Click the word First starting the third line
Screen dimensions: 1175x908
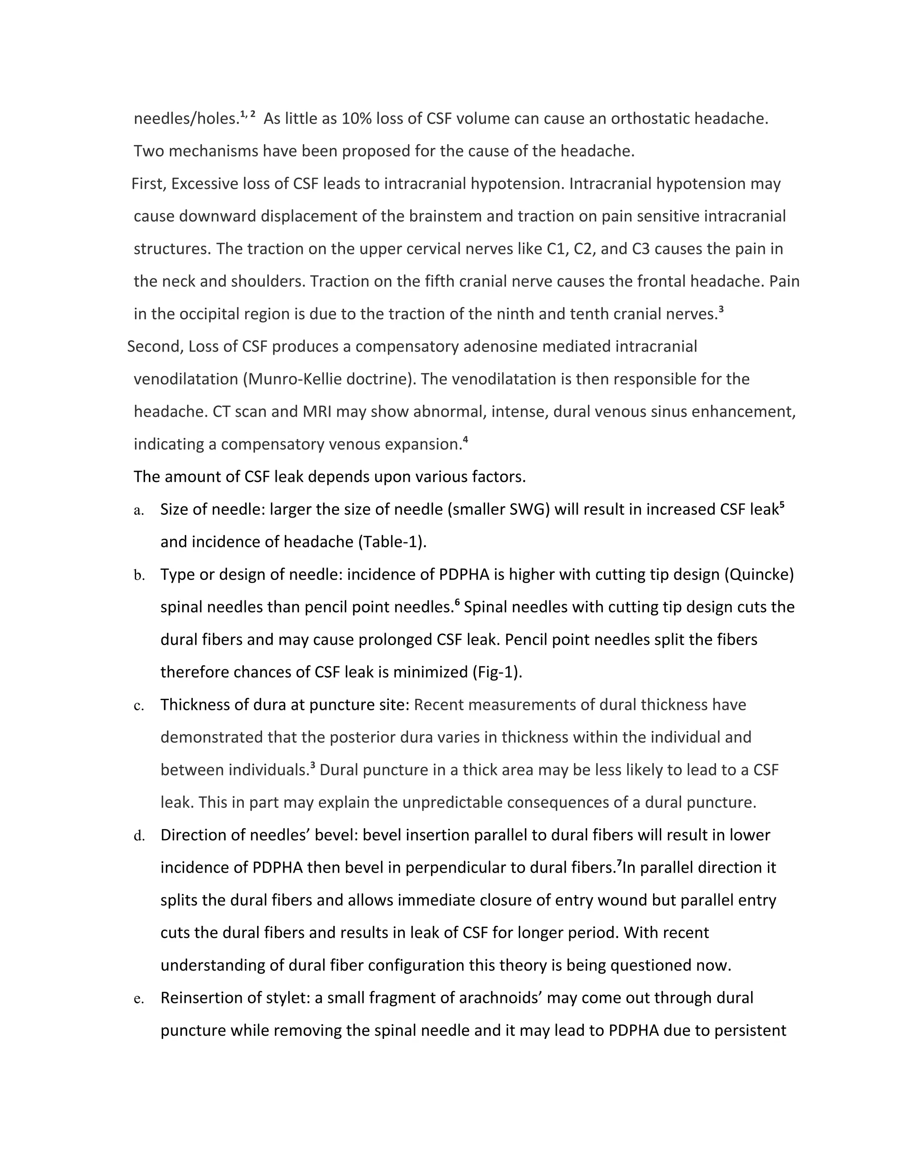(x=149, y=184)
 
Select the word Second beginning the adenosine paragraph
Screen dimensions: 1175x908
(x=155, y=346)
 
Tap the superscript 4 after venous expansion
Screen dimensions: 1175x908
(x=465, y=441)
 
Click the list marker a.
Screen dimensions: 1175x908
(x=139, y=510)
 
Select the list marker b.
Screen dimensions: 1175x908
(x=139, y=576)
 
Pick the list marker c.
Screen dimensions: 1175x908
(x=139, y=706)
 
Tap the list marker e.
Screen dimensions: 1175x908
(x=139, y=999)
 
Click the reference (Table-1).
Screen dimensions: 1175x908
(x=392, y=542)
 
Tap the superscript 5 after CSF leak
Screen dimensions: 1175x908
(x=782, y=506)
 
